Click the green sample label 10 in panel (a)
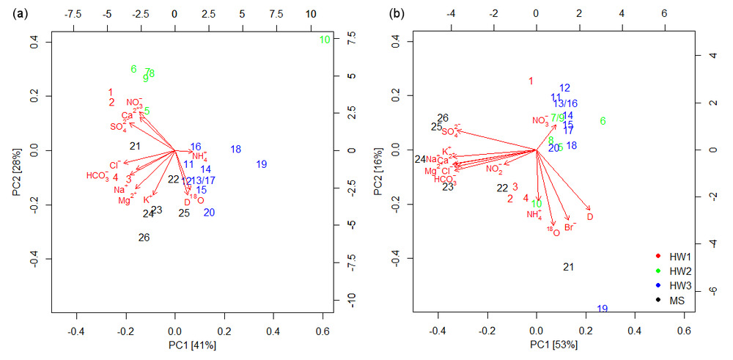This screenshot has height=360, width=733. coord(325,40)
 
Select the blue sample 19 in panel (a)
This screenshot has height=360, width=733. coord(262,164)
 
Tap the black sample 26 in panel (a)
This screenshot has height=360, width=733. coord(144,238)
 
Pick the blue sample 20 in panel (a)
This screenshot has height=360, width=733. coord(210,213)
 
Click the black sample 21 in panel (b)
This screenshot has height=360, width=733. coord(568,267)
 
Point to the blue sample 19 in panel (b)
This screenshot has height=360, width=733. coord(603,309)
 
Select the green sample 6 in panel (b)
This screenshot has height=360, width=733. coord(603,121)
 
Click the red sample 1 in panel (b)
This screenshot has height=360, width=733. coord(531,81)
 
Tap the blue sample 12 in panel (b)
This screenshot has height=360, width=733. coord(564,88)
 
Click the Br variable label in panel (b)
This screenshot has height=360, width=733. coord(570,227)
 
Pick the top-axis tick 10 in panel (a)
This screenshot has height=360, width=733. coord(311,13)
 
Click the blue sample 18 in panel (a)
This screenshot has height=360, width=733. coord(235,150)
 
